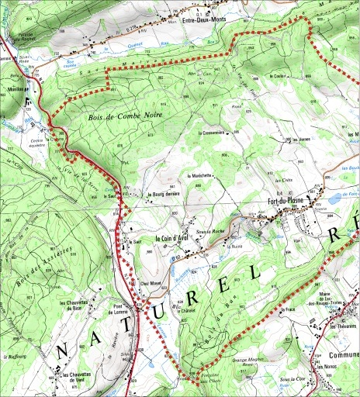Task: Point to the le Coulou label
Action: pos(278,76)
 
